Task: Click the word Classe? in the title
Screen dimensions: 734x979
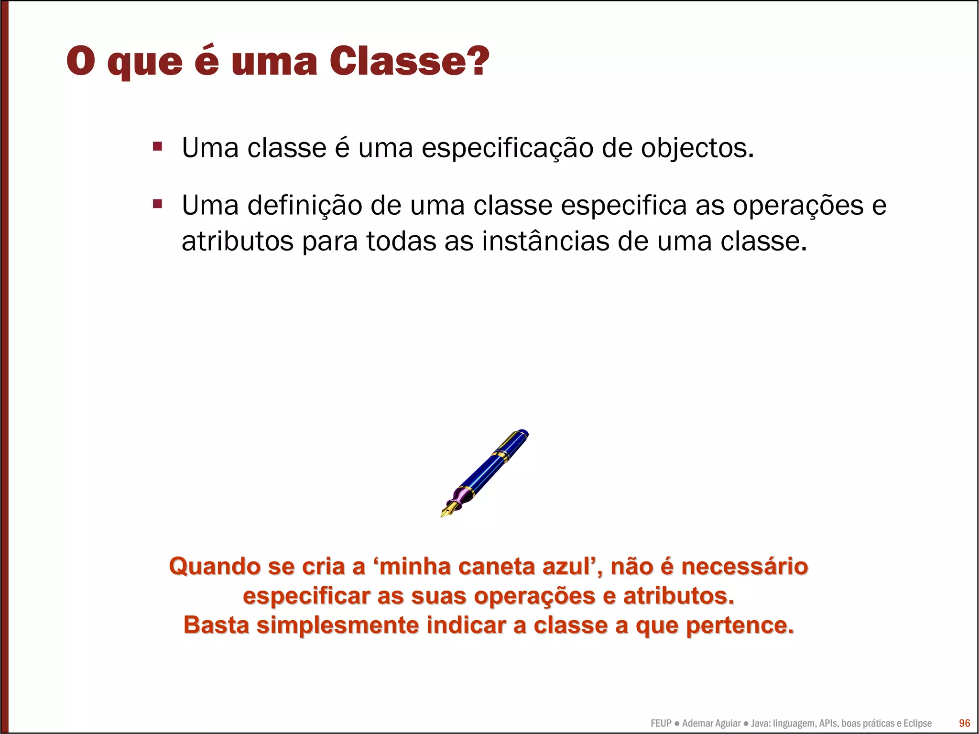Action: point(409,61)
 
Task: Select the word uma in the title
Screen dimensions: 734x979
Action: point(274,62)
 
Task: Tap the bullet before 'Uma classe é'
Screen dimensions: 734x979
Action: point(157,146)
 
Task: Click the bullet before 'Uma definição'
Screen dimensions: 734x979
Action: point(157,205)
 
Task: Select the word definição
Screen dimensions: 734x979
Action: point(305,206)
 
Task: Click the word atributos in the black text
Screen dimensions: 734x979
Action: point(237,241)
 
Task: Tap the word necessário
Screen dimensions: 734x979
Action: point(744,567)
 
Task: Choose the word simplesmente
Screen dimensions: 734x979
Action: point(337,625)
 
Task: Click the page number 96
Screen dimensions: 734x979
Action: point(964,723)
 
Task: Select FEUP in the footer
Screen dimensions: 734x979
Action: point(661,723)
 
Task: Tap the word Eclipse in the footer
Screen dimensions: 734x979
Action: point(917,723)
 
